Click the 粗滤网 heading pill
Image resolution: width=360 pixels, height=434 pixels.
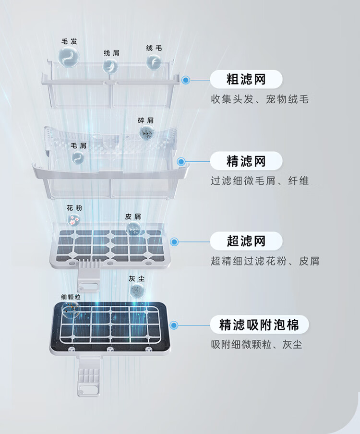tap(246, 79)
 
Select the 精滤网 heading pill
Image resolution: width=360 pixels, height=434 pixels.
tap(246, 161)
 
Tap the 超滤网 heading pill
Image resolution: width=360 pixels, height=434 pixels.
tap(246, 241)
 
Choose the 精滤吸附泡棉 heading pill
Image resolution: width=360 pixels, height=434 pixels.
tap(259, 325)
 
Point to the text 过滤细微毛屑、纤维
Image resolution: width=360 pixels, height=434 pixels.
tap(260, 181)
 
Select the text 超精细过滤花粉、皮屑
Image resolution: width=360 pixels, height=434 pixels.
tap(265, 262)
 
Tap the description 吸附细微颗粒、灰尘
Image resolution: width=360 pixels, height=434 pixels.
tap(256, 345)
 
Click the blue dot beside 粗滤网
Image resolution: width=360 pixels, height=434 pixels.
tap(186, 80)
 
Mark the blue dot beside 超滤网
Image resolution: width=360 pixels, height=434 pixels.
tap(175, 242)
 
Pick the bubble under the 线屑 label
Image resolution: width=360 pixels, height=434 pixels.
tap(110, 65)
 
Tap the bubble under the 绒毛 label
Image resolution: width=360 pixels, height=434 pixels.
tap(154, 61)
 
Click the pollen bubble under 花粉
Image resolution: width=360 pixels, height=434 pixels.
tap(74, 220)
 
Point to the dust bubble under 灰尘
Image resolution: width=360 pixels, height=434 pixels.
tap(138, 290)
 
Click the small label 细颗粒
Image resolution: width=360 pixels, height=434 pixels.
tap(71, 297)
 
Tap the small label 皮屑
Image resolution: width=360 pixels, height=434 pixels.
tap(132, 217)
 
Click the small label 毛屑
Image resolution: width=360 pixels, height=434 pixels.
tap(79, 145)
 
